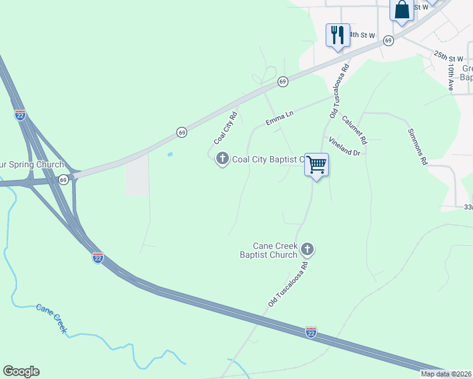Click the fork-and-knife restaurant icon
tap(338, 35)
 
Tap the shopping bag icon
tap(402, 10)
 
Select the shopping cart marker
tap(317, 165)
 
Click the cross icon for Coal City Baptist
tap(222, 159)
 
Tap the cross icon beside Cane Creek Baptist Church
tap(307, 250)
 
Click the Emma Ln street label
tap(280, 117)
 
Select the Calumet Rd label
tap(354, 129)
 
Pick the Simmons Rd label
tap(418, 147)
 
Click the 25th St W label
tap(448, 57)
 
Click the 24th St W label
tap(361, 35)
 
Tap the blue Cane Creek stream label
tap(51, 318)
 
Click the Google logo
tap(21, 371)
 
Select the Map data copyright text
tap(446, 374)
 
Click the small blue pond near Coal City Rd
tap(169, 153)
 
